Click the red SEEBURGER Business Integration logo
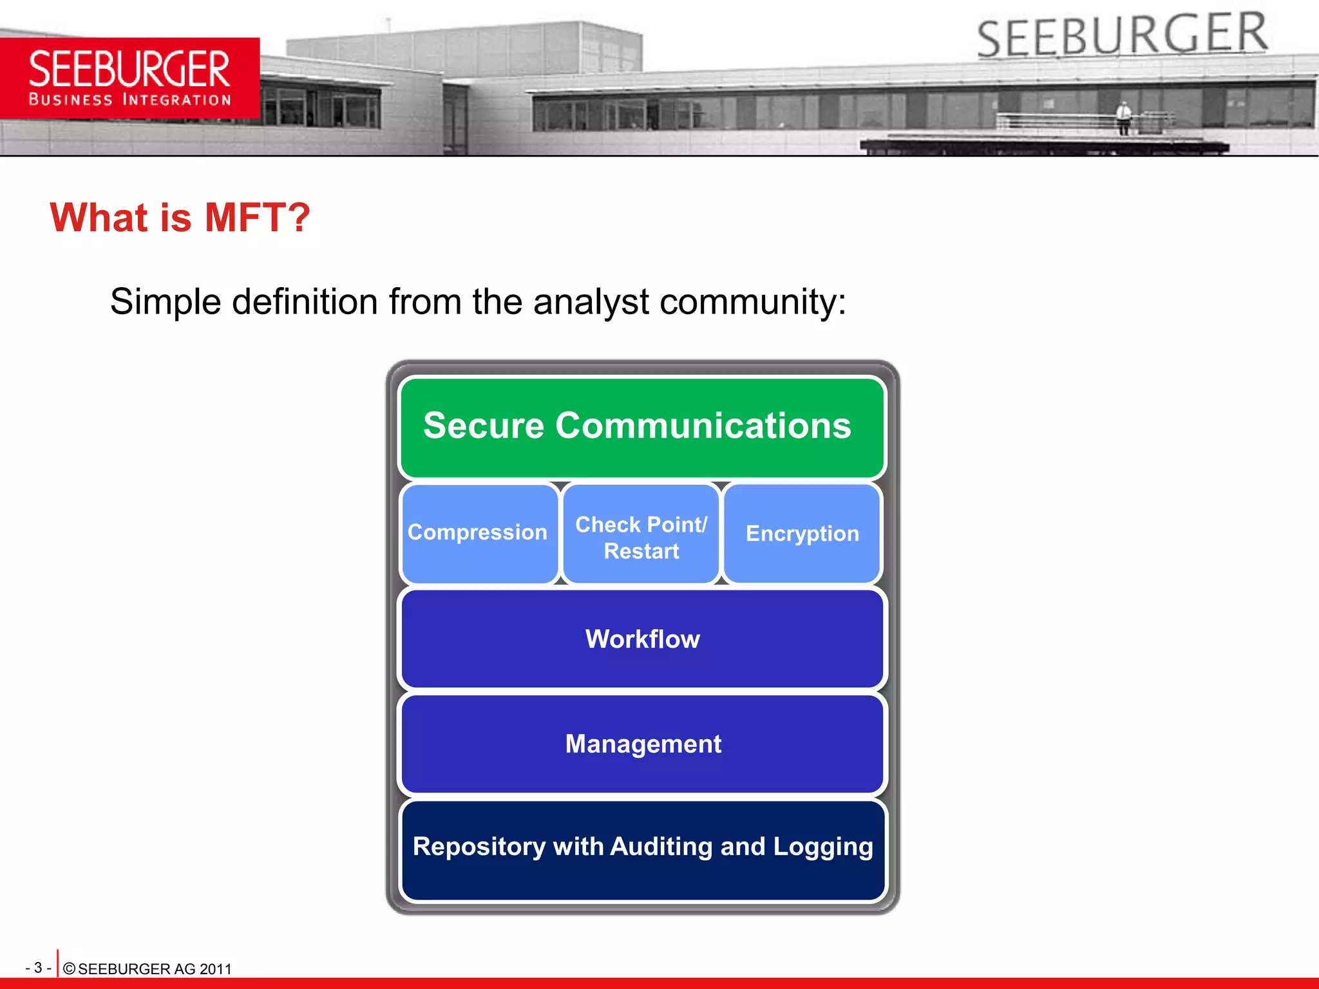tap(129, 78)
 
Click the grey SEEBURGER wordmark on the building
tap(1122, 36)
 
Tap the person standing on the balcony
tap(1124, 117)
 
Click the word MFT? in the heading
tap(257, 218)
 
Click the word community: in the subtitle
tap(753, 302)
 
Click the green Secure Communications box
tap(642, 428)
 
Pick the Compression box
tap(478, 533)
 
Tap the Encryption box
tap(802, 533)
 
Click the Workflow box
tap(642, 639)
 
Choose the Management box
tap(642, 744)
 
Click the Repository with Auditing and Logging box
tap(642, 849)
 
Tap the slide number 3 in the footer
tap(38, 968)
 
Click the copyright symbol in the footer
tap(70, 969)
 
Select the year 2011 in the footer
tap(215, 969)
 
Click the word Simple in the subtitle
tap(166, 302)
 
